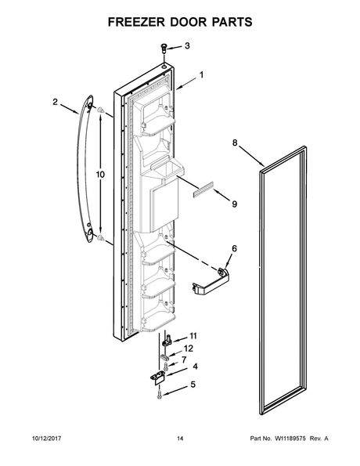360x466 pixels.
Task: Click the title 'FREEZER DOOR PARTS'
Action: tap(179, 21)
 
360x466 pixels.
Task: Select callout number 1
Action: tap(201, 75)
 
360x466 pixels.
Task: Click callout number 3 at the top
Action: tap(186, 46)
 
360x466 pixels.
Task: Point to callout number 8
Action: tap(234, 143)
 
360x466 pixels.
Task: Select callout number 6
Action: tap(232, 249)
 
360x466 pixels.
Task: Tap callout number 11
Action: tap(193, 336)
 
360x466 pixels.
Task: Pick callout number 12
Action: tap(188, 349)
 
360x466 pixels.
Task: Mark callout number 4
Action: tap(195, 367)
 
